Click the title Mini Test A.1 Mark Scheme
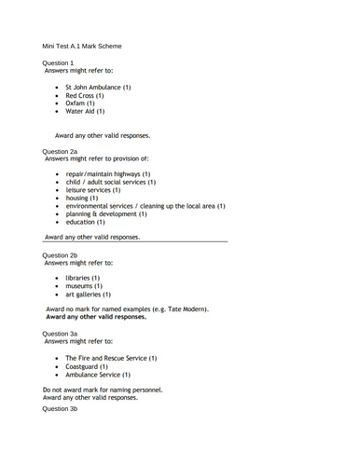[82, 46]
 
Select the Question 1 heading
[58, 62]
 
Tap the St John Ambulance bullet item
[98, 87]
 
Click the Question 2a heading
[60, 150]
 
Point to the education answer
[85, 223]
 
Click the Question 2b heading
[60, 254]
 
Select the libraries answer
[84, 278]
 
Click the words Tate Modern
[187, 308]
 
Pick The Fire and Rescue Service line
[110, 358]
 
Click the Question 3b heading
[60, 409]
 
